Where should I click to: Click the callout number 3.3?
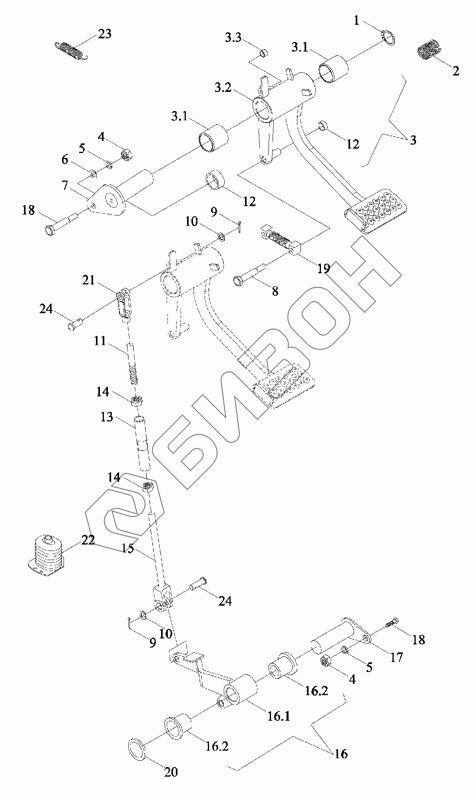click(233, 38)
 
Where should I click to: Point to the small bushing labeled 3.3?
click(264, 52)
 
